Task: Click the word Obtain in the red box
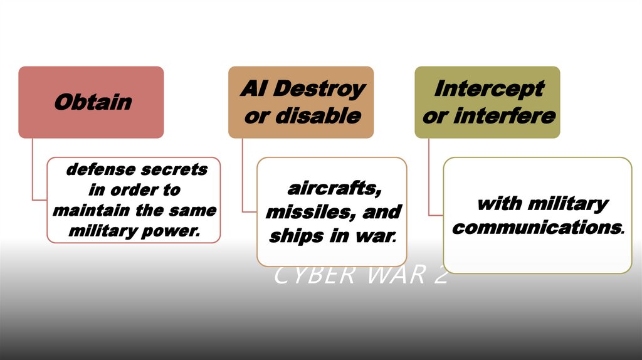(93, 102)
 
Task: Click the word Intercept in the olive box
(489, 88)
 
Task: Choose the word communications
(536, 227)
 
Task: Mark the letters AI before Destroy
(253, 89)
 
